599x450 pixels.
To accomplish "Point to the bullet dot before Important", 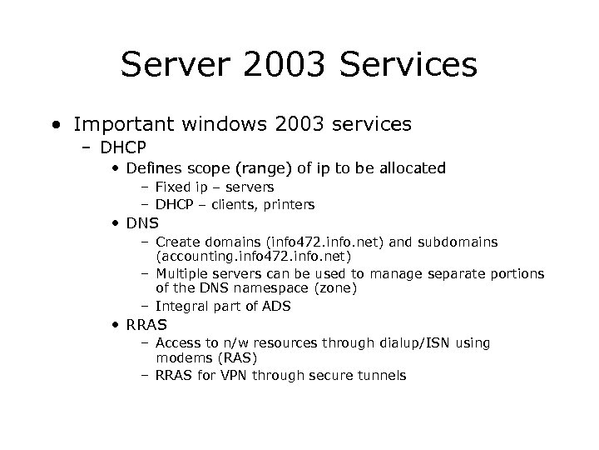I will coord(55,126).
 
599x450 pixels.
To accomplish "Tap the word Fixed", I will coord(171,187).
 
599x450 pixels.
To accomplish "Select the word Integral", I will coord(181,306).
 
